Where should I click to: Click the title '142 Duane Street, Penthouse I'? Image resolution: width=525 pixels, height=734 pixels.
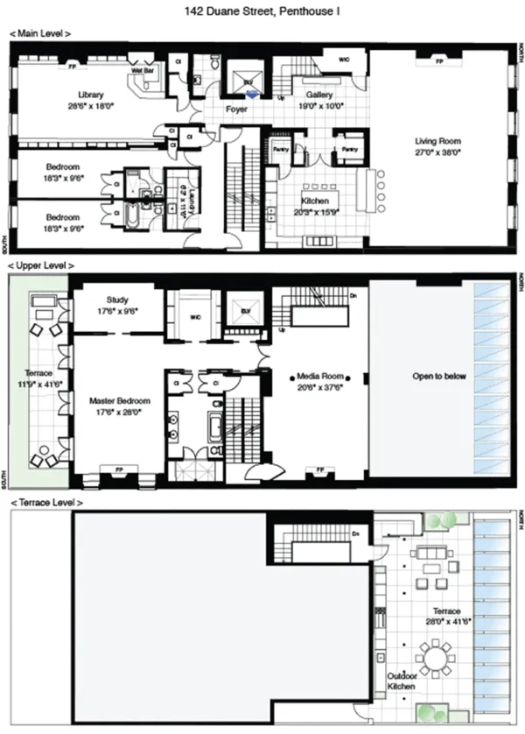coord(262,12)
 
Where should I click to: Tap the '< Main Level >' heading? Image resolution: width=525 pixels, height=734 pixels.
coord(40,33)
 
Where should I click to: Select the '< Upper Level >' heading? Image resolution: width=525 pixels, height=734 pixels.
coord(41,265)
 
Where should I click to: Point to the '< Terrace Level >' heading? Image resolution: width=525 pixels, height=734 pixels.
coord(45,503)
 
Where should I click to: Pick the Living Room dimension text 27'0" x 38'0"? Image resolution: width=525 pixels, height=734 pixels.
coord(437,152)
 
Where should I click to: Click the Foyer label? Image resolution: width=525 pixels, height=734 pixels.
coord(236,110)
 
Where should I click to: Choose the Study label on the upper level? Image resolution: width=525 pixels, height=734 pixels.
coord(117,300)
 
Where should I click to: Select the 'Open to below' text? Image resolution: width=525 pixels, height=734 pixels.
coord(439,377)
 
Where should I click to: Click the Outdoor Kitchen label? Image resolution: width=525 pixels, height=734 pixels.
coord(402,681)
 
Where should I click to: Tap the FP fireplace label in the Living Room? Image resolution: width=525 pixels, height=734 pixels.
coord(439,63)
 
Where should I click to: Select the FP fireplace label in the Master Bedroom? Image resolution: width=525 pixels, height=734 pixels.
coord(118,469)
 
